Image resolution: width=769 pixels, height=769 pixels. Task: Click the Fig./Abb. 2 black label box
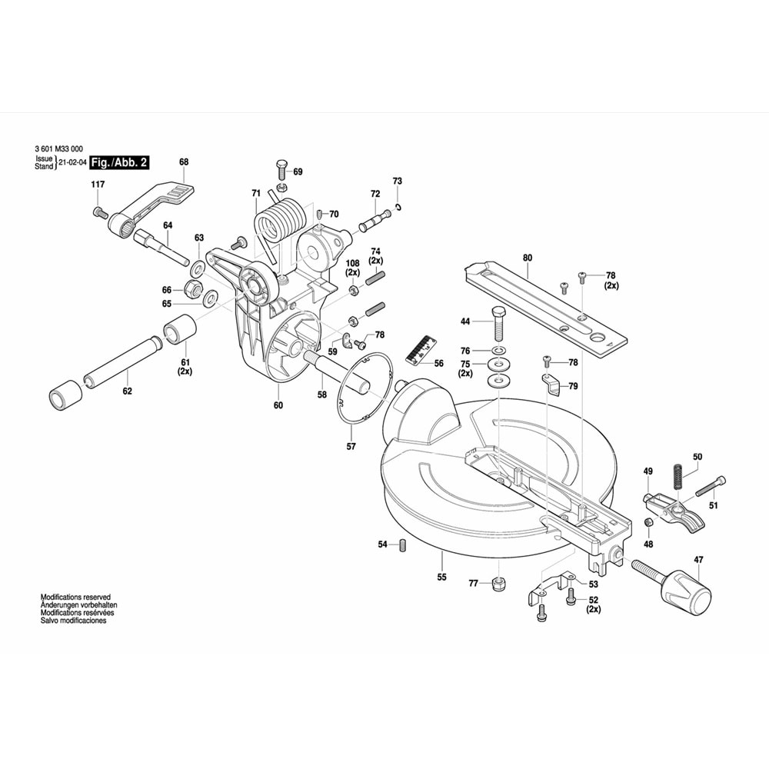click(119, 162)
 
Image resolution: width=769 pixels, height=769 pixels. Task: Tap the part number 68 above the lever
click(183, 162)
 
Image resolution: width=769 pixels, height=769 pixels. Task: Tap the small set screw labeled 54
click(401, 545)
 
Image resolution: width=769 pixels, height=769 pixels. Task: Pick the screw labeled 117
click(99, 211)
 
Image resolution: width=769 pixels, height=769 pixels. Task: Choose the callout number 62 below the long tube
click(127, 391)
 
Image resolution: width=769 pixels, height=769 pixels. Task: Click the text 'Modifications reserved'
click(75, 597)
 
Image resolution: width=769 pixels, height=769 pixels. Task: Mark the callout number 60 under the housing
click(278, 405)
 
